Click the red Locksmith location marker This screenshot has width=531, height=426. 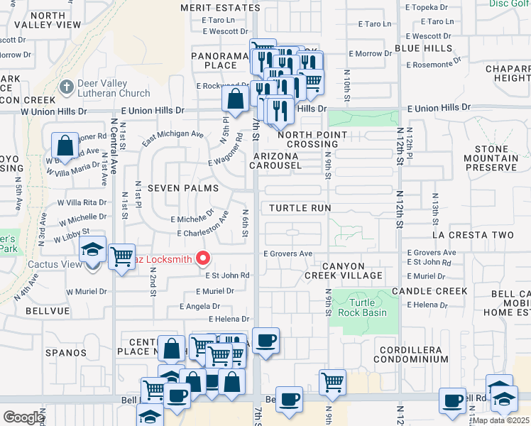[x=202, y=258]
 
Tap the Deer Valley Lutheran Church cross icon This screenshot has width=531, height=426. [x=66, y=87]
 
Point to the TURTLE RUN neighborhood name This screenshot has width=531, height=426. [x=300, y=208]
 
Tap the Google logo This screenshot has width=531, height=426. [x=23, y=417]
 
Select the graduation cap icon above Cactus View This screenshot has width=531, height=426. [x=92, y=250]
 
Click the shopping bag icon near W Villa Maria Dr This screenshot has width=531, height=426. [x=65, y=146]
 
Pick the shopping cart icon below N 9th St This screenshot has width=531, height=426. [x=332, y=382]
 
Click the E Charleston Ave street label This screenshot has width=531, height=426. [x=202, y=233]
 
